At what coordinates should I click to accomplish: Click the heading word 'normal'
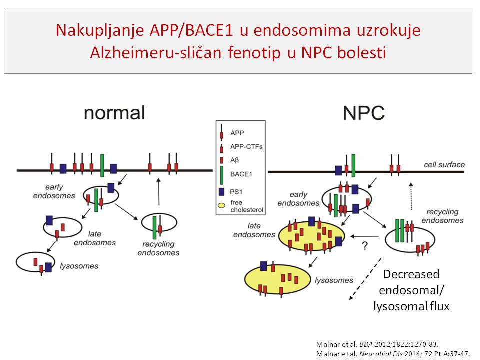pyautogui.click(x=114, y=112)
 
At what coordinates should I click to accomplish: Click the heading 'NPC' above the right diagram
pyautogui.click(x=363, y=113)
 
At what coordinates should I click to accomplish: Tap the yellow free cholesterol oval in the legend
pyautogui.click(x=221, y=206)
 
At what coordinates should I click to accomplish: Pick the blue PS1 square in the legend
pyautogui.click(x=221, y=191)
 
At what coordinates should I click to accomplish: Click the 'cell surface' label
pyautogui.click(x=444, y=164)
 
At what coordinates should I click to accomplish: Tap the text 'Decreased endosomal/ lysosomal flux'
pyautogui.click(x=411, y=290)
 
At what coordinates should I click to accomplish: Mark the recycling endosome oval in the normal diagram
pyautogui.click(x=159, y=226)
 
